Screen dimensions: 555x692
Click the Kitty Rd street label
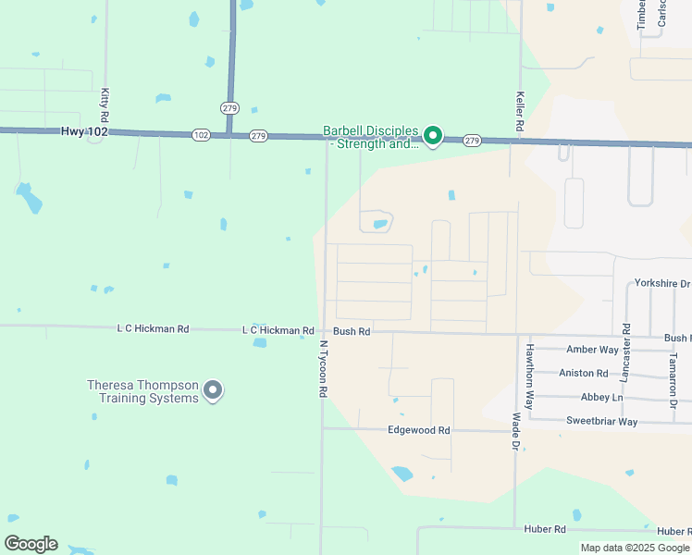(x=105, y=106)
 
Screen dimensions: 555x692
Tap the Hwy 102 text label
(x=84, y=132)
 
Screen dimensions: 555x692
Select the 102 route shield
(x=202, y=135)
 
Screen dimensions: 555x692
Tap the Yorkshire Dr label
(x=662, y=283)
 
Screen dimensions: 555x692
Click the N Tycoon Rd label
(x=324, y=369)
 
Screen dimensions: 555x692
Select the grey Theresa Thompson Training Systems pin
(x=213, y=391)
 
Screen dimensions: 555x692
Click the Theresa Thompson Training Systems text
(x=142, y=391)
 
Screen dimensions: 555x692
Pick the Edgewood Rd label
(x=418, y=430)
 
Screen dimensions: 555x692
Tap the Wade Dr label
(x=515, y=432)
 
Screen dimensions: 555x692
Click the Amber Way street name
(x=592, y=350)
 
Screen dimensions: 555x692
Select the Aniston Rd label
(x=584, y=374)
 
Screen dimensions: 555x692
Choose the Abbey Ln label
(x=601, y=397)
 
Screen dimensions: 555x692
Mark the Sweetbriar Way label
(x=601, y=421)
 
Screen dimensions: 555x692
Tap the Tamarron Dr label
(x=673, y=379)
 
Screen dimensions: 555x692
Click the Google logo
(x=31, y=544)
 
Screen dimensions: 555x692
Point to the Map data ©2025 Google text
(x=636, y=548)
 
